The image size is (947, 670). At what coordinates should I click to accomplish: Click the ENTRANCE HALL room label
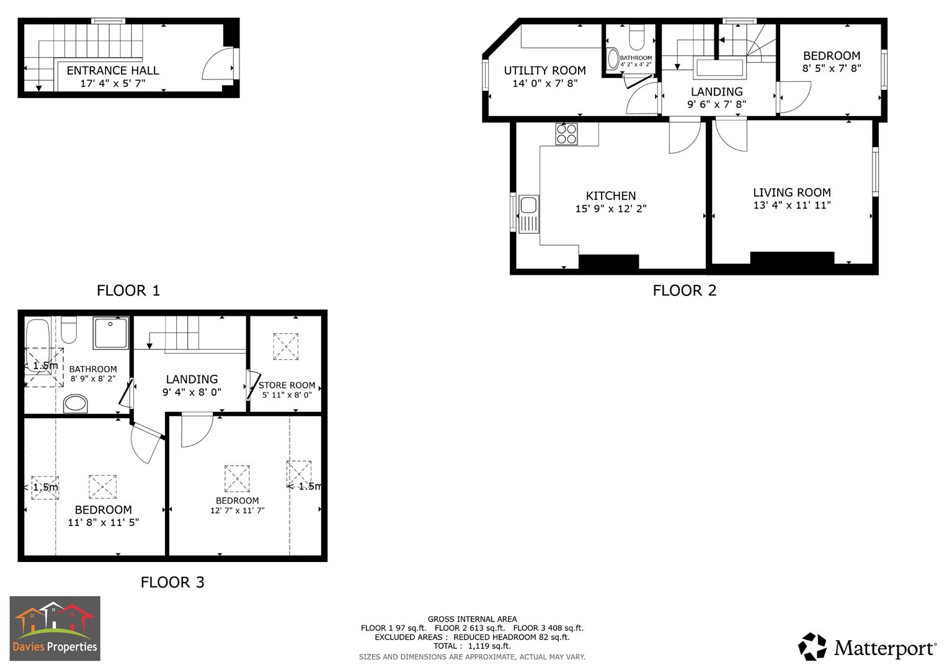click(113, 71)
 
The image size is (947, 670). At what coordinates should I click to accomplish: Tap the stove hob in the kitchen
click(566, 134)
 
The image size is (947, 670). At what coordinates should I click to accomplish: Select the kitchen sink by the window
click(529, 215)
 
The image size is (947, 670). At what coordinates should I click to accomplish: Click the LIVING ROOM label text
click(791, 192)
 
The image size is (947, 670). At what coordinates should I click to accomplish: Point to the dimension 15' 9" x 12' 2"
click(610, 209)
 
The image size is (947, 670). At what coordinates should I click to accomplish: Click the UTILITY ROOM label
click(545, 71)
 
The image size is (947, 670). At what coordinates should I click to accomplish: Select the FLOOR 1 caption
click(128, 290)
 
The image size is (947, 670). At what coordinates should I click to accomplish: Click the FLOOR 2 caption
click(684, 290)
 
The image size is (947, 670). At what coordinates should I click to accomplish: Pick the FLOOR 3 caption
click(172, 582)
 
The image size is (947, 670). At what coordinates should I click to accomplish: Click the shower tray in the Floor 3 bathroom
click(111, 333)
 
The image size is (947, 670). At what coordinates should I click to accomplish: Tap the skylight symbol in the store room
click(285, 347)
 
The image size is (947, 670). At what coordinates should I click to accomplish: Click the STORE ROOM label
click(287, 385)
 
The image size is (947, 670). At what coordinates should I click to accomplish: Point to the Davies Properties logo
click(55, 628)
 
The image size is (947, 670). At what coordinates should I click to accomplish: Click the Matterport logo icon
click(812, 647)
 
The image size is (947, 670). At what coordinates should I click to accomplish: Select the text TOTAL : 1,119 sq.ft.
click(472, 646)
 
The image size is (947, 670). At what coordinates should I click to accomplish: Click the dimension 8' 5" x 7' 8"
click(831, 68)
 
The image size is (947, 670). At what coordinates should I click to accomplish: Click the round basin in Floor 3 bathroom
click(76, 404)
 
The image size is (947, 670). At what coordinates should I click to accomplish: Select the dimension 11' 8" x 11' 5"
click(103, 522)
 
